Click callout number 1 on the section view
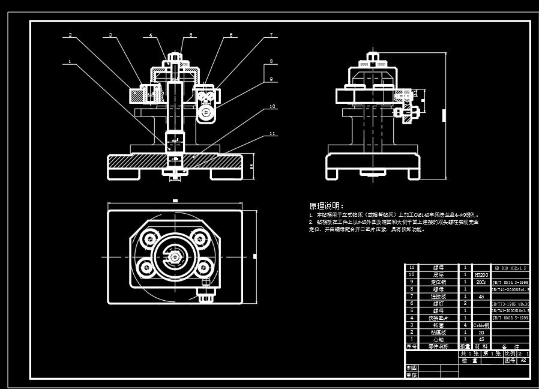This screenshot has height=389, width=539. [70, 61]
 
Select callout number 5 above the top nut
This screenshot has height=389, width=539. [191, 35]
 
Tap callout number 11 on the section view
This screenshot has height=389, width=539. [273, 133]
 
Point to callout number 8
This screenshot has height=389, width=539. [271, 61]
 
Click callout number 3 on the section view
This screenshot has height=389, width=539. [110, 35]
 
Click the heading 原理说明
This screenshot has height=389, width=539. [327, 206]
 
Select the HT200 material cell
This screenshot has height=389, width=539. [481, 274]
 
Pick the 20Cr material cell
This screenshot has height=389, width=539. [481, 282]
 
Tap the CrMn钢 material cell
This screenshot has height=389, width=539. [481, 325]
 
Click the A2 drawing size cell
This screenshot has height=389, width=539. [523, 361]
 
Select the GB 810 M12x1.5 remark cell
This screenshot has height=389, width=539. [510, 267]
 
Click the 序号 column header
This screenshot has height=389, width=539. [412, 346]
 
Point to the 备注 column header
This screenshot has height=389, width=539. [510, 346]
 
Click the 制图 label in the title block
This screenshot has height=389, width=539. [412, 368]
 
